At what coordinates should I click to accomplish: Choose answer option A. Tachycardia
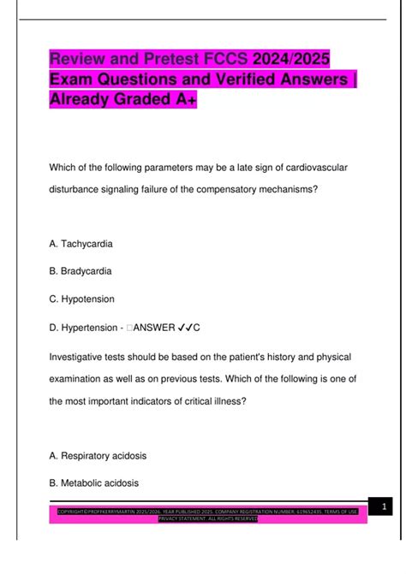coord(81,244)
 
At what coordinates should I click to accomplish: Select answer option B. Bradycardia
coord(81,271)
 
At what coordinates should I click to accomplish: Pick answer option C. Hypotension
coord(81,299)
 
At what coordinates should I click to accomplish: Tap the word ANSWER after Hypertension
coord(160,327)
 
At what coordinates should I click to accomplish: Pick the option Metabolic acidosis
coord(94,483)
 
